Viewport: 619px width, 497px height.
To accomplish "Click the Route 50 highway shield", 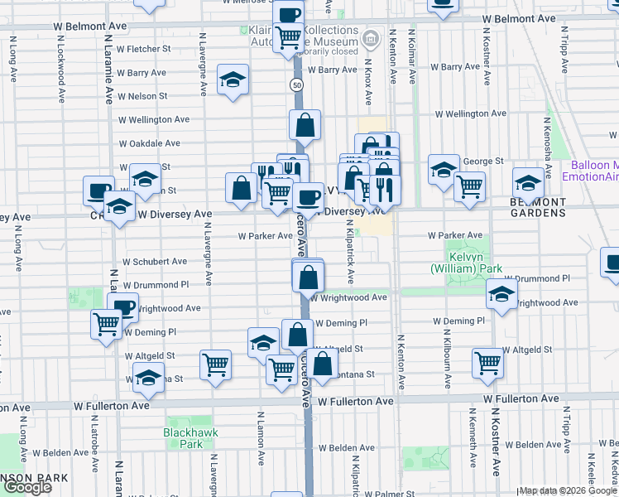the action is click(x=296, y=86).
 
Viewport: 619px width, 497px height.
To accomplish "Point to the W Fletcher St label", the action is click(x=144, y=49).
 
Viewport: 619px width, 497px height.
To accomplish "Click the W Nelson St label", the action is click(x=142, y=96).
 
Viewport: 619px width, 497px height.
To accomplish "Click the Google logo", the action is click(x=28, y=487).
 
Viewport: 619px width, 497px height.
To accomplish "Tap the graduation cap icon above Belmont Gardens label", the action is click(x=528, y=181).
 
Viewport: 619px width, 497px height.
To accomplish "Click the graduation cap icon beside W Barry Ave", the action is click(x=233, y=80).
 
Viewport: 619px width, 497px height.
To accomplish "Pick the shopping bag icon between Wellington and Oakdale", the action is click(x=305, y=126).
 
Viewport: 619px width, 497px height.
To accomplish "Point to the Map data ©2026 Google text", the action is click(x=567, y=490).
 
